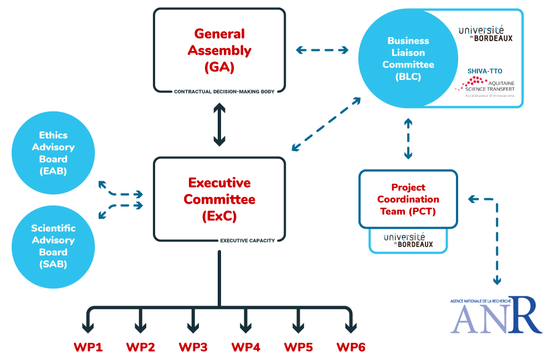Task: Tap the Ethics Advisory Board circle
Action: pyautogui.click(x=53, y=153)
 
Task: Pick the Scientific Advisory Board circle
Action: pyautogui.click(x=53, y=247)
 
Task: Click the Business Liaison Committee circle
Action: pyautogui.click(x=408, y=58)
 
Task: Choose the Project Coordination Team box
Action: pyautogui.click(x=408, y=199)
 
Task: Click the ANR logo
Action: pyautogui.click(x=496, y=315)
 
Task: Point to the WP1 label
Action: pyautogui.click(x=88, y=347)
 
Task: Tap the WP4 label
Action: pyautogui.click(x=246, y=347)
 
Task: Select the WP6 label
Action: pyautogui.click(x=351, y=347)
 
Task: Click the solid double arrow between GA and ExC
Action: pyautogui.click(x=219, y=125)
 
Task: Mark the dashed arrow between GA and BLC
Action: pyautogui.click(x=322, y=50)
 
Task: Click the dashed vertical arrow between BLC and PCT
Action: pyautogui.click(x=408, y=138)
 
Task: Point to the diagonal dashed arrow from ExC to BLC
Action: pyautogui.click(x=326, y=124)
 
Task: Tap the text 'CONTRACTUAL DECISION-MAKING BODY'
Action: pyautogui.click(x=224, y=91)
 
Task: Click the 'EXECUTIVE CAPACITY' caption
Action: pyautogui.click(x=247, y=240)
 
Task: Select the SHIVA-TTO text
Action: pyautogui.click(x=485, y=71)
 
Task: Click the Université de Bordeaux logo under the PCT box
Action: pyautogui.click(x=408, y=240)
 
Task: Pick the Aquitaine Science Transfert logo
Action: pyautogui.click(x=485, y=86)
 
